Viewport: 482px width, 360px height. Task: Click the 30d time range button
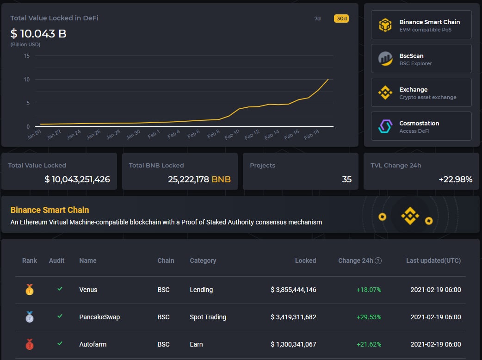pyautogui.click(x=340, y=19)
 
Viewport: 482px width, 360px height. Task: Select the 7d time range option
pyautogui.click(x=317, y=19)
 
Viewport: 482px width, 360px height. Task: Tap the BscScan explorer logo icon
pyautogui.click(x=385, y=58)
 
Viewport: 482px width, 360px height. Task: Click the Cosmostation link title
pyautogui.click(x=419, y=123)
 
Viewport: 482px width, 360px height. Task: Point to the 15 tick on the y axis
pyautogui.click(x=26, y=56)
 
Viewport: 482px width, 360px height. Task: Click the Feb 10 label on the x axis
pyautogui.click(x=232, y=134)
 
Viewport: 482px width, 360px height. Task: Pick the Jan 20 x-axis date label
pyautogui.click(x=34, y=134)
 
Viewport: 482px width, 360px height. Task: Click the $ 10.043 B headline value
pyautogui.click(x=38, y=34)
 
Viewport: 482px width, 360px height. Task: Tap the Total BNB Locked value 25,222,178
pyautogui.click(x=189, y=179)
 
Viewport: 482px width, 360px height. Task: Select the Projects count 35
pyautogui.click(x=346, y=179)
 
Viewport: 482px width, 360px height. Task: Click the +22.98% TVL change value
pyautogui.click(x=456, y=179)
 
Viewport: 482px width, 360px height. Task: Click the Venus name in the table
pyautogui.click(x=88, y=290)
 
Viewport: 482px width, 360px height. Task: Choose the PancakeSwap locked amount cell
pyautogui.click(x=293, y=317)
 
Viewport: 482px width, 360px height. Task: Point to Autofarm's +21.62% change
pyautogui.click(x=369, y=344)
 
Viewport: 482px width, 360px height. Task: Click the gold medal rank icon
pyautogui.click(x=30, y=290)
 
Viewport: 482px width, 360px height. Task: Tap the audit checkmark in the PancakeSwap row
pyautogui.click(x=60, y=316)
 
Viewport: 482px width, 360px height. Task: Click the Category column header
pyautogui.click(x=203, y=261)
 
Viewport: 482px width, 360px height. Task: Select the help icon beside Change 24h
pyautogui.click(x=378, y=261)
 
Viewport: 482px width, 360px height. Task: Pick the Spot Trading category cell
pyautogui.click(x=208, y=317)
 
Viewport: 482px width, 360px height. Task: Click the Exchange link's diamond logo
pyautogui.click(x=385, y=93)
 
